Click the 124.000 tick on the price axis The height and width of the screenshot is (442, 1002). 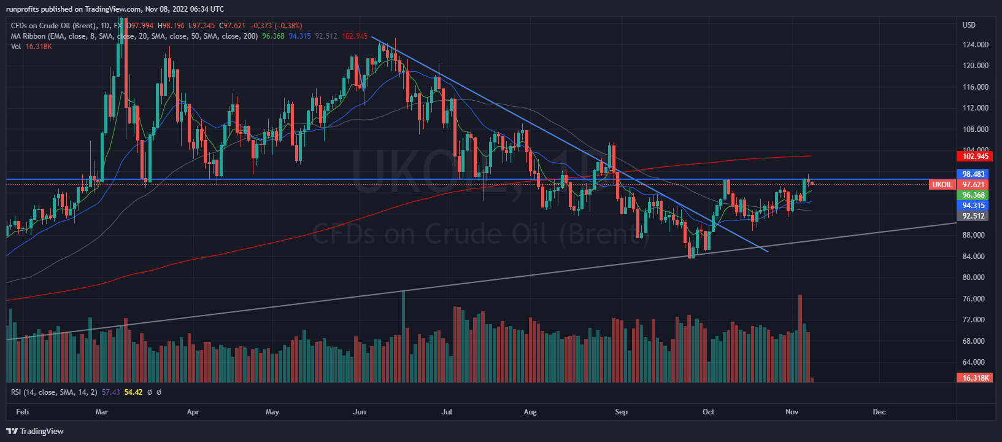[x=976, y=45]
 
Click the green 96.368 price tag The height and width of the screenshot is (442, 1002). [x=974, y=195]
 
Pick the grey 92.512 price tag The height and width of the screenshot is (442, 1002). [x=974, y=216]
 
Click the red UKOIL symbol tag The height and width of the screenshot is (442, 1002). [x=942, y=185]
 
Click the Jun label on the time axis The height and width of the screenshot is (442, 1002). [x=360, y=412]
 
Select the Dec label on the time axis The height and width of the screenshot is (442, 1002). [x=879, y=412]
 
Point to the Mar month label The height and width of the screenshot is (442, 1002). [x=102, y=412]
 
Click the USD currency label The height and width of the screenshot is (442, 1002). [x=969, y=25]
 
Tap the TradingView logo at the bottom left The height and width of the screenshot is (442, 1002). [x=35, y=431]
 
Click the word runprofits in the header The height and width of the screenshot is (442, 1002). [x=25, y=9]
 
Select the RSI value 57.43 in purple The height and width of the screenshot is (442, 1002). [x=111, y=392]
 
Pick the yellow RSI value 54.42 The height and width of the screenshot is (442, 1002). [x=133, y=392]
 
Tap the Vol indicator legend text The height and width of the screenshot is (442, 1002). [x=16, y=47]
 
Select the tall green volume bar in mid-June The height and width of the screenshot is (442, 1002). [x=403, y=336]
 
